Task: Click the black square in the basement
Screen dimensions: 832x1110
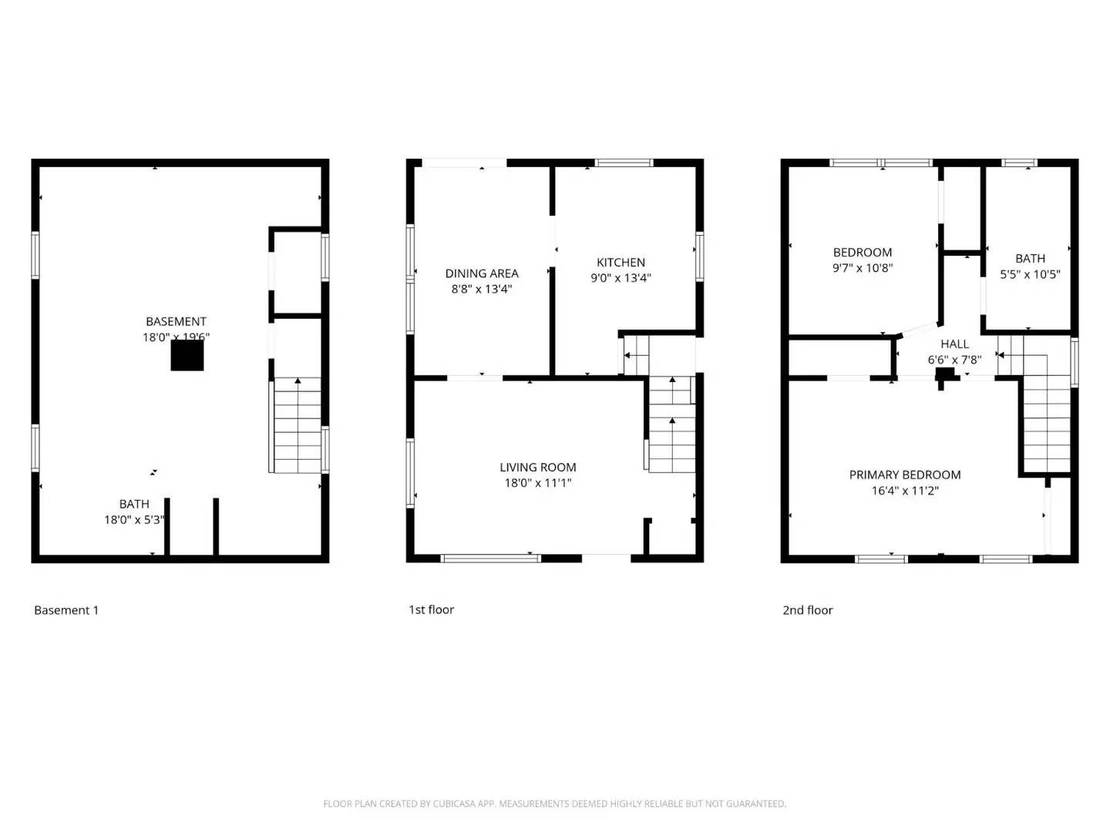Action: (x=187, y=355)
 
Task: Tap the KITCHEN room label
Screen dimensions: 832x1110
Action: (x=621, y=263)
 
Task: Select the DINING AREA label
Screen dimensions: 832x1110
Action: (x=482, y=273)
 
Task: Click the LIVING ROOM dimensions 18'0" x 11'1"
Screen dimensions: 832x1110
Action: (x=538, y=483)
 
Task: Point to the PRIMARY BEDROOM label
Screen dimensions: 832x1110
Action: (x=905, y=475)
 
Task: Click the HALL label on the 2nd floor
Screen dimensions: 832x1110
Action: (x=954, y=344)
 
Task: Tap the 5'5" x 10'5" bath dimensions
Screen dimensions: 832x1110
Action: (x=1030, y=274)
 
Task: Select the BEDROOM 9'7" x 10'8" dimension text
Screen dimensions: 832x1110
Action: (x=863, y=268)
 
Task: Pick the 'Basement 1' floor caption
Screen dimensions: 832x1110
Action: (x=66, y=610)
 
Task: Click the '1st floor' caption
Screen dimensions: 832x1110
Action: (x=431, y=609)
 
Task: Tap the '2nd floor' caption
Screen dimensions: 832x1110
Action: (x=808, y=610)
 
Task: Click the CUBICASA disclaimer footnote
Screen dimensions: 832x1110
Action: (x=554, y=803)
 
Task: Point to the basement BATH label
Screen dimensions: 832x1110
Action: (x=134, y=504)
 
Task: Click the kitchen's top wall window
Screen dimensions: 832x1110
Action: (x=624, y=163)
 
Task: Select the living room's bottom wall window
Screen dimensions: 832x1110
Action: (x=491, y=558)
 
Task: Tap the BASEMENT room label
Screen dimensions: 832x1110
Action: (x=176, y=321)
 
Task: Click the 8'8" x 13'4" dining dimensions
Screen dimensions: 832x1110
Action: (x=482, y=289)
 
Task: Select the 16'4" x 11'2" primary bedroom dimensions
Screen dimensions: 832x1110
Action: (x=905, y=491)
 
